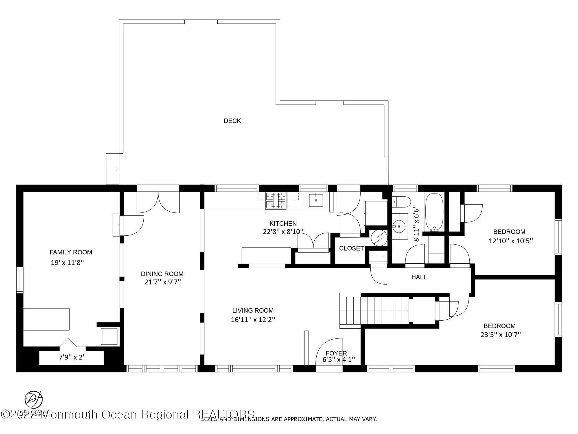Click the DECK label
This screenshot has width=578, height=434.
pyautogui.click(x=232, y=121)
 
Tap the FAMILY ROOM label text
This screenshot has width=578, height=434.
pyautogui.click(x=71, y=252)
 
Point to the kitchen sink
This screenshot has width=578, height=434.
pyautogui.click(x=316, y=200)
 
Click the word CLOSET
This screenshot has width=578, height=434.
pyautogui.click(x=351, y=249)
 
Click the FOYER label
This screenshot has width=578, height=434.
pyautogui.click(x=336, y=353)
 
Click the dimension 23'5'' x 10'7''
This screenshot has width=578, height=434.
pyautogui.click(x=500, y=335)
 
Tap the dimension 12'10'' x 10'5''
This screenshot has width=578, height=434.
pyautogui.click(x=511, y=241)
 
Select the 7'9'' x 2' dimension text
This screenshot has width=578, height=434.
pyautogui.click(x=71, y=357)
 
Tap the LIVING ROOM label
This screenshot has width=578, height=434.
pyautogui.click(x=253, y=311)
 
